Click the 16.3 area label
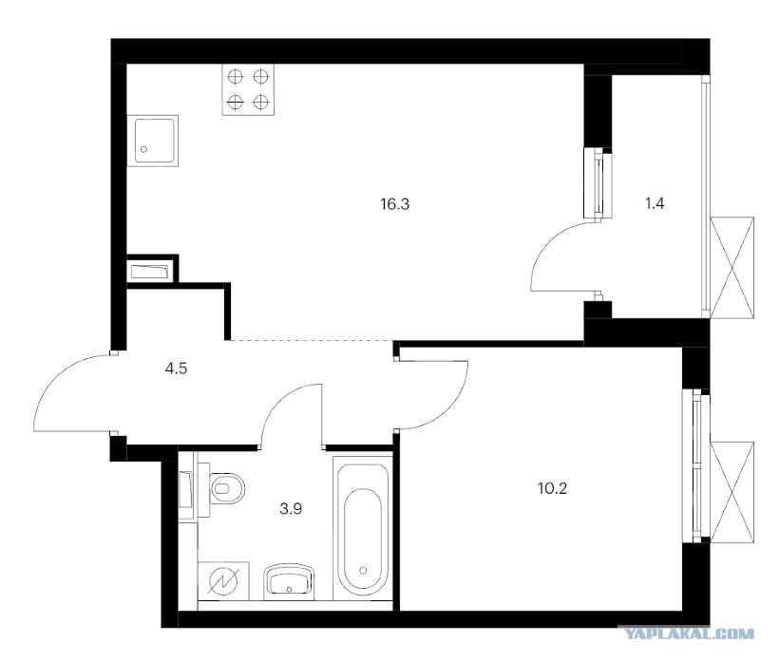[395, 204]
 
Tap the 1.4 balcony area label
[655, 203]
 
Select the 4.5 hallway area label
[177, 369]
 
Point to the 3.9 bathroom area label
[291, 508]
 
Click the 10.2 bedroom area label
[553, 489]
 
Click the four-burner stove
[248, 90]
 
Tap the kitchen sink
[152, 141]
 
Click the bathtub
[363, 529]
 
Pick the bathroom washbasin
[289, 581]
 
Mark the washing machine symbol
[223, 580]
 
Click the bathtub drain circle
[364, 570]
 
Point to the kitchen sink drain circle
[144, 149]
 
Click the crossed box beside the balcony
[732, 267]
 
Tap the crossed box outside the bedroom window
[732, 492]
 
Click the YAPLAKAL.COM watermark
[689, 634]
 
